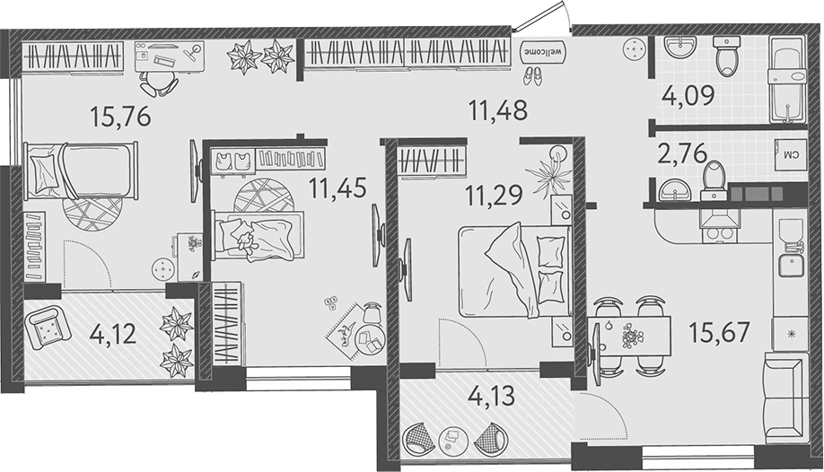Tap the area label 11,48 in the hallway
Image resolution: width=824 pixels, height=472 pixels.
point(497,110)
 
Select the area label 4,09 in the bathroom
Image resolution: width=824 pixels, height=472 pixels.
point(689,94)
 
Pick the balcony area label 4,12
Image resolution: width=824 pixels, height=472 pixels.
point(113,334)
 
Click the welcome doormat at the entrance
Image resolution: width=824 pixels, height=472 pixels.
point(541,50)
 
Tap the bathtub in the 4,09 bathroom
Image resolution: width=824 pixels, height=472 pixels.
point(787,78)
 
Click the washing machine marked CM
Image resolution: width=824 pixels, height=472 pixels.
point(791,155)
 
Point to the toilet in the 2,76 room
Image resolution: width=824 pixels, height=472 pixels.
point(714,179)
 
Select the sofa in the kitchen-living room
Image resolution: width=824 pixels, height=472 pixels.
point(786,396)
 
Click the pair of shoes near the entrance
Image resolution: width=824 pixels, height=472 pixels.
point(533,75)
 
